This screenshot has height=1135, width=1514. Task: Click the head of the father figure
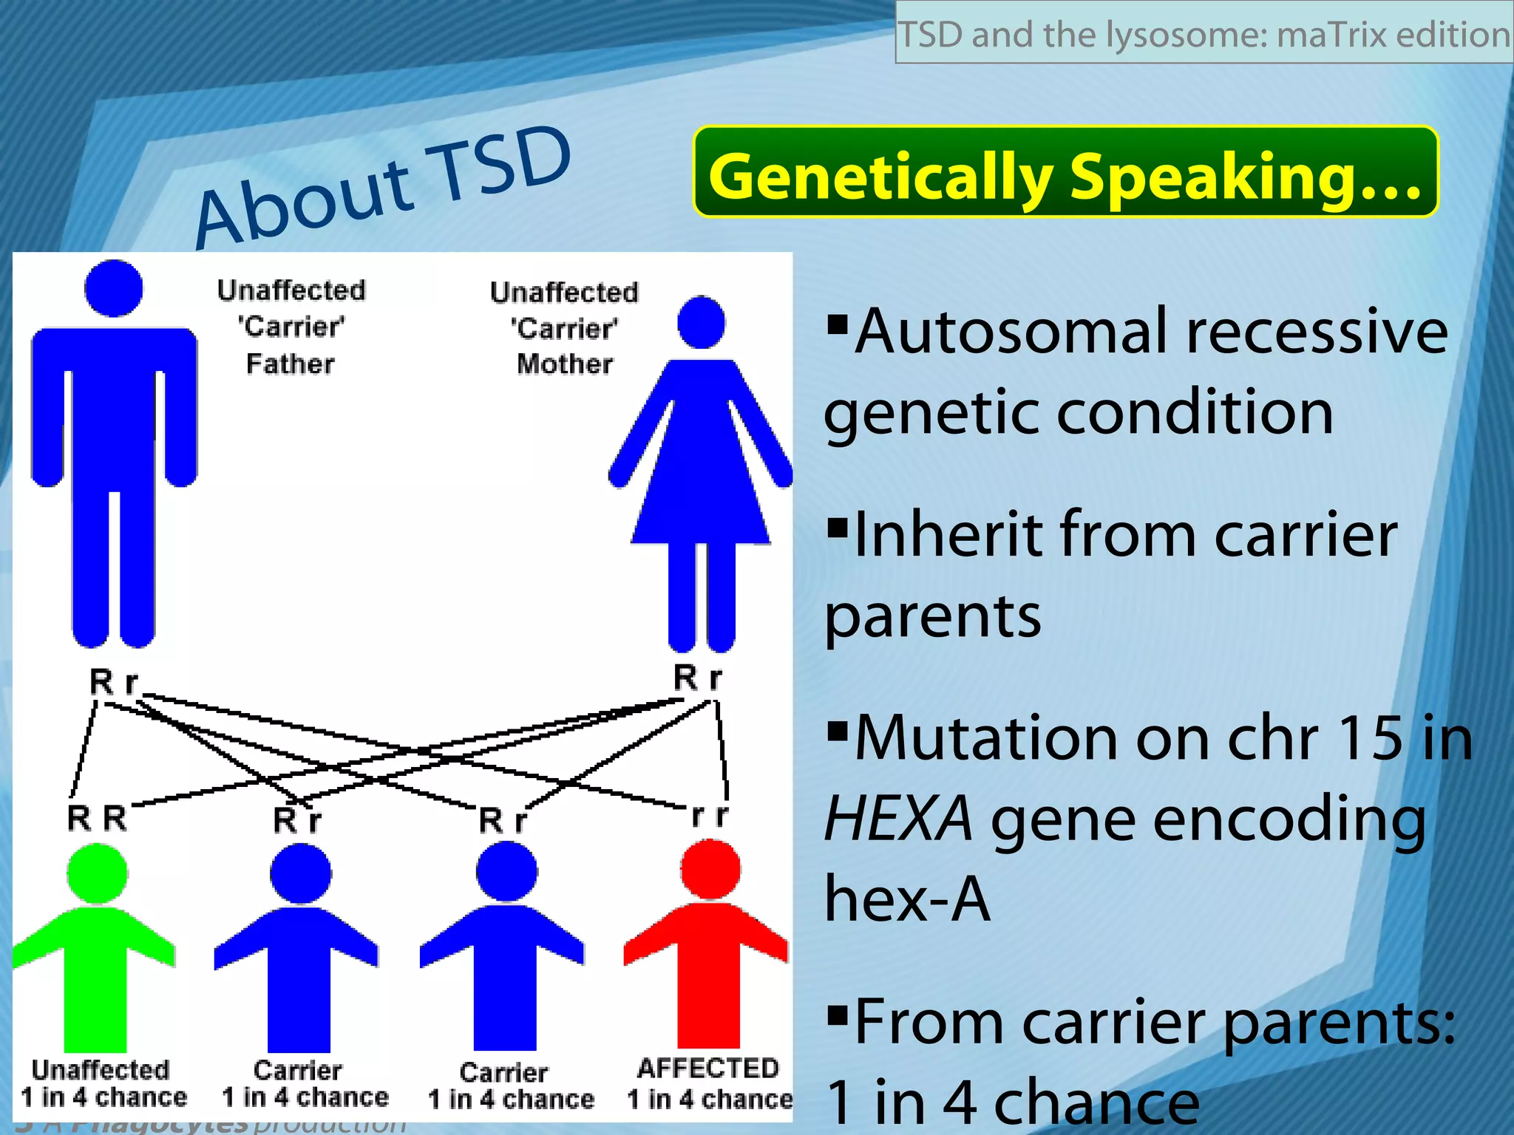[113, 288]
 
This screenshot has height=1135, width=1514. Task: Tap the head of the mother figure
[701, 322]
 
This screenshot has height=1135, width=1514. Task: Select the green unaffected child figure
[96, 961]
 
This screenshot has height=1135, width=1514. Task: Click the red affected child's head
[710, 869]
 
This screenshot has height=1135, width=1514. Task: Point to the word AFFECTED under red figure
[708, 1068]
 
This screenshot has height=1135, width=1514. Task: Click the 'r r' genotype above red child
[710, 815]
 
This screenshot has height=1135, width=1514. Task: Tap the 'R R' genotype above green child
[97, 818]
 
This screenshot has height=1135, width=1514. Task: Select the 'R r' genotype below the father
[113, 681]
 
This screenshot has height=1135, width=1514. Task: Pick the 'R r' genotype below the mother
[697, 677]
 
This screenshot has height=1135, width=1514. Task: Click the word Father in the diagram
[290, 364]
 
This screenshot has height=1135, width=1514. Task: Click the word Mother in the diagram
[565, 364]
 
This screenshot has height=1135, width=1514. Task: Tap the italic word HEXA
[898, 819]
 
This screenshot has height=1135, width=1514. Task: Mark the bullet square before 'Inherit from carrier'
[837, 528]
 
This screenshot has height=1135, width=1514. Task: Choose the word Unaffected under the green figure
[101, 1069]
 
